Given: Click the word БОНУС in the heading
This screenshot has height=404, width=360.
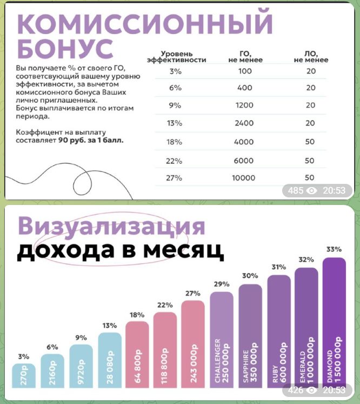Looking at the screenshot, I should (65, 48).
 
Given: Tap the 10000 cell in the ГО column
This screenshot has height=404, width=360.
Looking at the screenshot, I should (244, 178).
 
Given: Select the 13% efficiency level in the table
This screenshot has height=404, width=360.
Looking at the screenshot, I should (174, 123).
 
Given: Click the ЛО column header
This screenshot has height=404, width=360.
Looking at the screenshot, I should (310, 57).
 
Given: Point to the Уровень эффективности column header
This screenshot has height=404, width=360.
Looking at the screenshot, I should (176, 57).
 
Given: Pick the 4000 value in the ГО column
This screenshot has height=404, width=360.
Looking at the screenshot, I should (244, 142).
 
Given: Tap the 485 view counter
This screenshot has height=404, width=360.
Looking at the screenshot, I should (296, 190).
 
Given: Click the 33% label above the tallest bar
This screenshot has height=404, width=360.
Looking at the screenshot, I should (334, 249).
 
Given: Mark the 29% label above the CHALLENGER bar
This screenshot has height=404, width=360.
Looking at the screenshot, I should (222, 284).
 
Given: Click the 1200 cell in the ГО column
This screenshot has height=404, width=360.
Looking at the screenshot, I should (244, 105).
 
